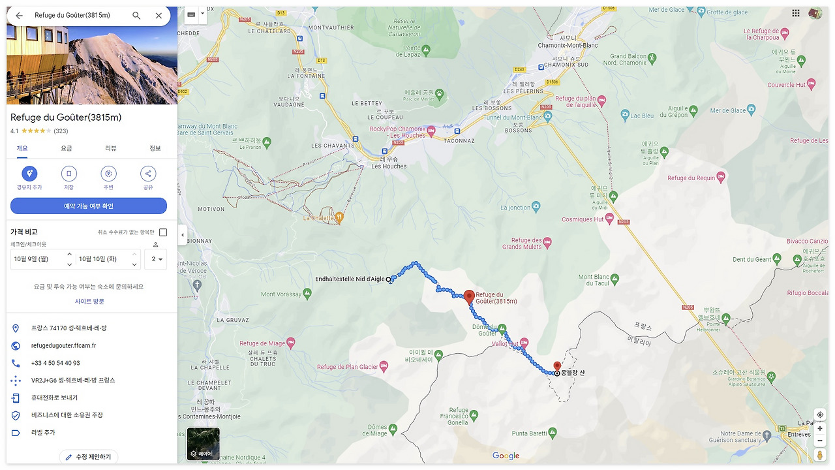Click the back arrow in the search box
click(x=20, y=16)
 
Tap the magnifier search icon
click(x=136, y=16)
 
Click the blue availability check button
click(x=89, y=206)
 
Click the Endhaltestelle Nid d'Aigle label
click(x=350, y=279)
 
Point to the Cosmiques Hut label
click(x=582, y=220)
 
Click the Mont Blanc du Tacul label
click(x=593, y=281)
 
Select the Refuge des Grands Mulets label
click(x=522, y=243)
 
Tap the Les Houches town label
click(x=389, y=166)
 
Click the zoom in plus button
click(x=820, y=428)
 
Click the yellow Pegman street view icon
click(x=820, y=454)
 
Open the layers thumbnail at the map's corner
click(x=203, y=444)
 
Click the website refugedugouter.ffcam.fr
click(x=63, y=346)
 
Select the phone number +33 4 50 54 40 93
click(x=55, y=363)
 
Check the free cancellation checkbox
click(x=163, y=232)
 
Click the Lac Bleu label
click(x=641, y=116)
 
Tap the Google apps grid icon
click(x=796, y=13)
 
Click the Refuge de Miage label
click(x=262, y=343)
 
